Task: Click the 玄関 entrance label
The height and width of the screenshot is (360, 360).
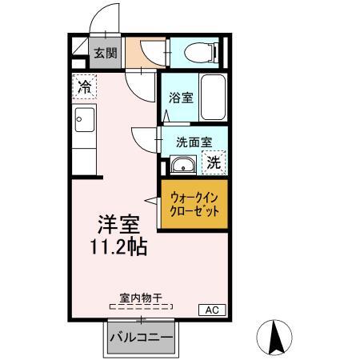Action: pyautogui.click(x=104, y=54)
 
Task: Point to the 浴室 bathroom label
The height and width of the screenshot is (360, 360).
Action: pyautogui.click(x=180, y=98)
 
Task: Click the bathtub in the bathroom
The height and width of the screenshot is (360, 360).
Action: pyautogui.click(x=212, y=98)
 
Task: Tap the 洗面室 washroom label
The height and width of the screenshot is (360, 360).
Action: pyautogui.click(x=193, y=142)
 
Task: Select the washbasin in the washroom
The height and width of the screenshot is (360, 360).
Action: pyautogui.click(x=182, y=166)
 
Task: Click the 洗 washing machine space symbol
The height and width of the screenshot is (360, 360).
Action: pyautogui.click(x=214, y=162)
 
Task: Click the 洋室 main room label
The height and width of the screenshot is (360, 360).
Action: pyautogui.click(x=114, y=223)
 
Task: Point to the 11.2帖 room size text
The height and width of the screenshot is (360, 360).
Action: pyautogui.click(x=117, y=246)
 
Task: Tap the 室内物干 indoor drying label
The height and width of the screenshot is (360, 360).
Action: pyautogui.click(x=141, y=298)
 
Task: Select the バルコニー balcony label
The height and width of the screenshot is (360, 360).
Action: pyautogui.click(x=141, y=338)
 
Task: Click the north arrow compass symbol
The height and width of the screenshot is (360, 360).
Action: pyautogui.click(x=278, y=337)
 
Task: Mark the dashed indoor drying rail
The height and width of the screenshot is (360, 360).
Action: pyautogui.click(x=141, y=306)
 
